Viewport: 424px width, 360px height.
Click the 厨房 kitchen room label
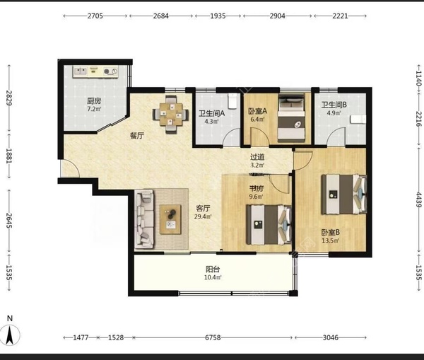[94, 101]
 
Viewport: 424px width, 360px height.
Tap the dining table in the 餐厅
[170, 115]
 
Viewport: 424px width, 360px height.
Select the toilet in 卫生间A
[232, 101]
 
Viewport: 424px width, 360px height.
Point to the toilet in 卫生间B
[358, 120]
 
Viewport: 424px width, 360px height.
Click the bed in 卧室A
[291, 117]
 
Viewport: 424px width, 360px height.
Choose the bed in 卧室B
[343, 194]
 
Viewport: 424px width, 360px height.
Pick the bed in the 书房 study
[269, 225]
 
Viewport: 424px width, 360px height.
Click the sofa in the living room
[144, 219]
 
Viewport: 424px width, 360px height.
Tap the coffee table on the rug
[170, 219]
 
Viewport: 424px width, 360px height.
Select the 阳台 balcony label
[213, 269]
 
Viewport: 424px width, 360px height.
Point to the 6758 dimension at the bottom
[213, 337]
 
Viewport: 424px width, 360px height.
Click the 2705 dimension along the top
[95, 16]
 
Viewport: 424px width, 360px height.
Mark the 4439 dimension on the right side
[418, 199]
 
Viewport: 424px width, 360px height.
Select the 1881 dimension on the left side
[9, 156]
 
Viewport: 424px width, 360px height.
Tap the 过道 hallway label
[257, 157]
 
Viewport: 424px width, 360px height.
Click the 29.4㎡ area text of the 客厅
[203, 216]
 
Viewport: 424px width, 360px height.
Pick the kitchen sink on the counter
[81, 71]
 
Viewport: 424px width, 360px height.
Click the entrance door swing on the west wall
[70, 168]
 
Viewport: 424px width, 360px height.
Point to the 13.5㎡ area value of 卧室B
[331, 240]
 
